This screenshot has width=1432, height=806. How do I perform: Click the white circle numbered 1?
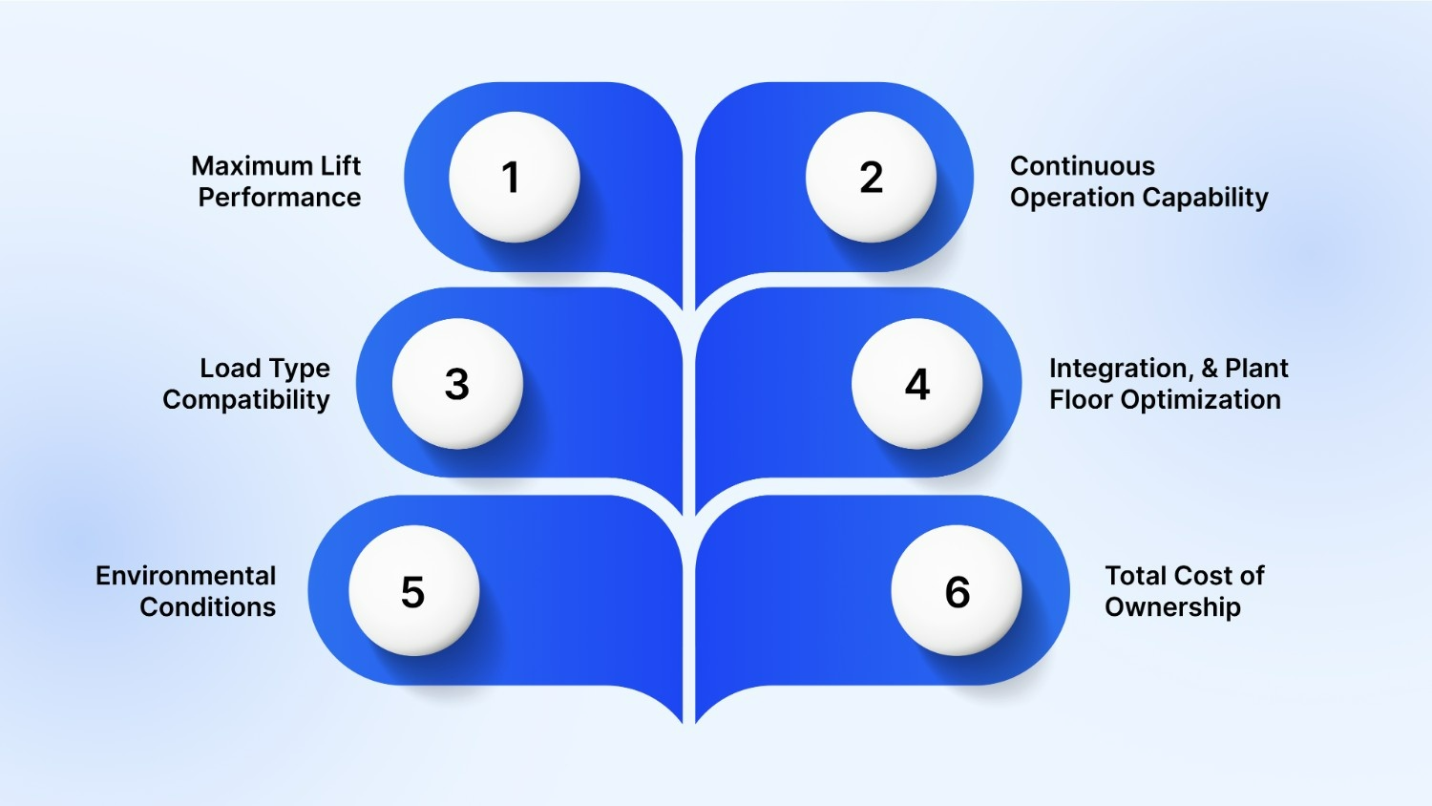(514, 177)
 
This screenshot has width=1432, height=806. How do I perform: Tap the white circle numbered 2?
(871, 177)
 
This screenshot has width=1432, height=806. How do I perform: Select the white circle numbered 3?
(457, 384)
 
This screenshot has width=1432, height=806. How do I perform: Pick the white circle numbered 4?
(916, 384)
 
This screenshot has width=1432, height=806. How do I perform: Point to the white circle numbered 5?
(413, 591)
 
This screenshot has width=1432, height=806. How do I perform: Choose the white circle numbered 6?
(957, 591)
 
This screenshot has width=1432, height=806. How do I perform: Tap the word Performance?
(280, 198)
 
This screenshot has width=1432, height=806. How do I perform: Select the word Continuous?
(1083, 166)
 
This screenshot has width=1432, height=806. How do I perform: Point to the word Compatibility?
(246, 400)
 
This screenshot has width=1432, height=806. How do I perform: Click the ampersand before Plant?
(1210, 369)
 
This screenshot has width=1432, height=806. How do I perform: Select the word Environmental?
(186, 576)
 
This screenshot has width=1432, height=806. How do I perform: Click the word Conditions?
(208, 607)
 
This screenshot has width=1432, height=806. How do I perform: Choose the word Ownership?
(1172, 607)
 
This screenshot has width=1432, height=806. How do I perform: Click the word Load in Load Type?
(229, 369)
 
